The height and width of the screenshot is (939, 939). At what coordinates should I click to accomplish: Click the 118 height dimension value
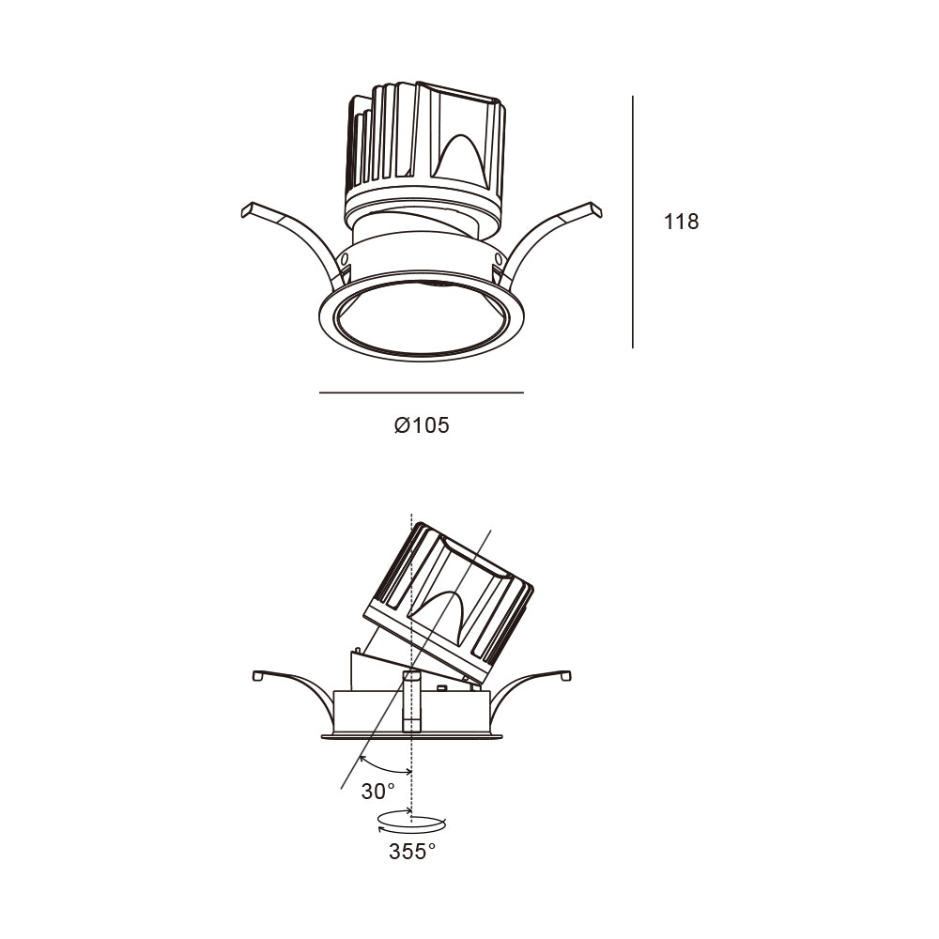click(681, 222)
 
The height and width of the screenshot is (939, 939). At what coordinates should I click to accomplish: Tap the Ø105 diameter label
click(422, 425)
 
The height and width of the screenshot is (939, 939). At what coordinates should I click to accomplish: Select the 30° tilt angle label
click(377, 792)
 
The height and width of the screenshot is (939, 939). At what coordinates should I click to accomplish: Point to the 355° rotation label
click(412, 851)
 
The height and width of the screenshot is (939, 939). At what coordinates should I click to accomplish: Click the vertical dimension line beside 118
click(633, 222)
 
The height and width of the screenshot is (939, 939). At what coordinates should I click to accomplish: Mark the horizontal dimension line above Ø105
click(422, 393)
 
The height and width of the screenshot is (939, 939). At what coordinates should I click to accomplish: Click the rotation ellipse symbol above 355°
click(412, 824)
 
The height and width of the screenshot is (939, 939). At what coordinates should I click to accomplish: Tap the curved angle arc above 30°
click(383, 768)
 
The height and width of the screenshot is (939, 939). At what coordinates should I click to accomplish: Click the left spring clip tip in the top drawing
click(246, 209)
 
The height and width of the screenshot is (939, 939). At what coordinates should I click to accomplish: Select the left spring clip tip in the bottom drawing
click(258, 675)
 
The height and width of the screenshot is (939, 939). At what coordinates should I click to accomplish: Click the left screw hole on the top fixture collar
click(344, 259)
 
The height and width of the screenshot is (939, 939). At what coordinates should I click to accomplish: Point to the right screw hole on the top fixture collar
click(499, 258)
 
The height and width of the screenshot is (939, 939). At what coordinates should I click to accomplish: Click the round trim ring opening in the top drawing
click(422, 316)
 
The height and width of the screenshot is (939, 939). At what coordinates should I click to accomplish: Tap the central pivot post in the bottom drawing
click(411, 701)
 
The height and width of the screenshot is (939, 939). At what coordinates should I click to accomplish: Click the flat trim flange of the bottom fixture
click(412, 736)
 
